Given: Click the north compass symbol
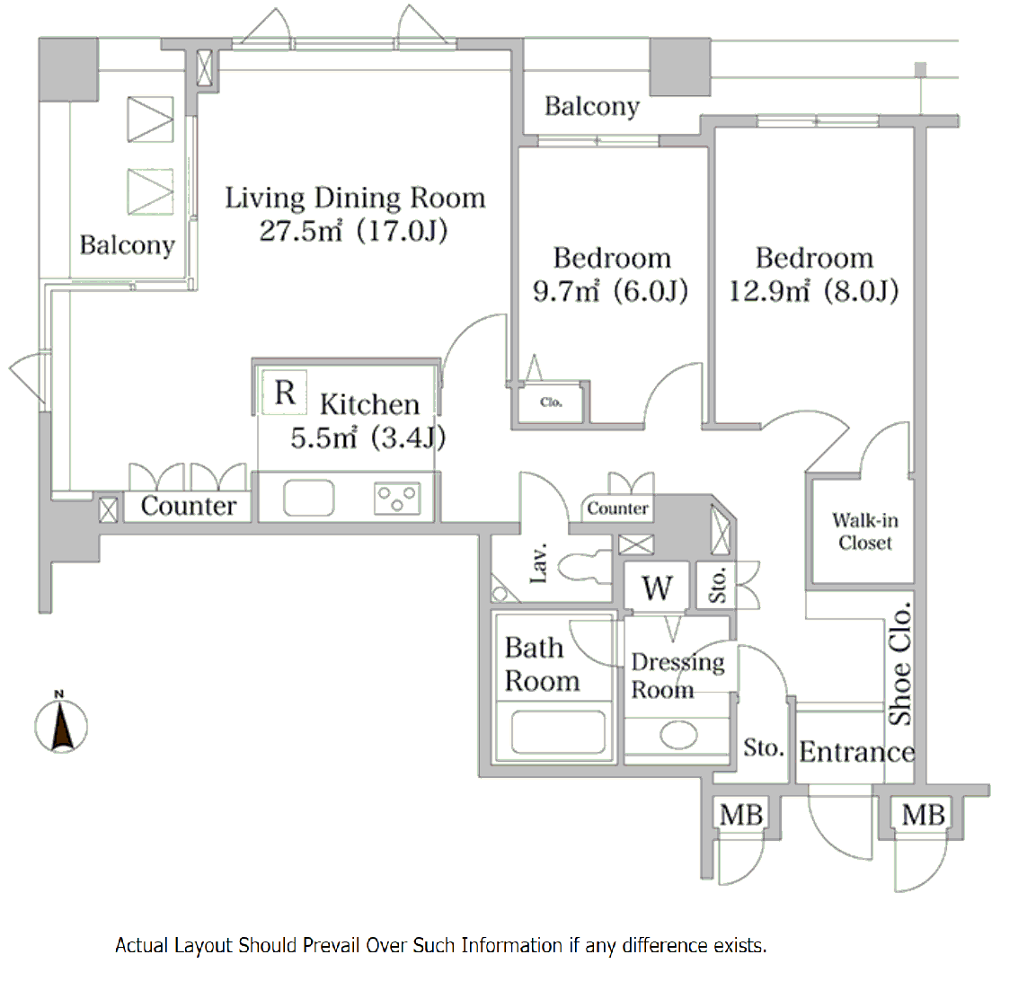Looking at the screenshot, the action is point(60,723).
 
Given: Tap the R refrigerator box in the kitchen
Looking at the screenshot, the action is point(284,393).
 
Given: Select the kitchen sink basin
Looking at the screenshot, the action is point(308,499).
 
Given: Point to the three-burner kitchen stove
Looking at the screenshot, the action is point(397,499).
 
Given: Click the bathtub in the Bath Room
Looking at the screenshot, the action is point(558,731).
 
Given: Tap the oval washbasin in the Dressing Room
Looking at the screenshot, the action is point(678,735).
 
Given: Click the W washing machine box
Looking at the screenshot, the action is point(657,587).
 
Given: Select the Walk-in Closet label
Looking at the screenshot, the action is point(864,531).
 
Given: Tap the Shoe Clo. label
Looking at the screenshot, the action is point(900,663).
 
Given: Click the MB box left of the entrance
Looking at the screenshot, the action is point(740,815).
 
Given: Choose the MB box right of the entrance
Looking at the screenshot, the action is point(923,815).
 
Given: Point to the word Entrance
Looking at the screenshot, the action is point(856,751).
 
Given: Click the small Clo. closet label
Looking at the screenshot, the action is point(551,402).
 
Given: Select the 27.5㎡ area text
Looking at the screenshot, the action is point(301,231).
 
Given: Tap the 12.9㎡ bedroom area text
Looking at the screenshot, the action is point(769,291).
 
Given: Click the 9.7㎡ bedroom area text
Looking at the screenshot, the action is point(566,291).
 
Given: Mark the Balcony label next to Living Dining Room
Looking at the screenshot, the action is point(127,245).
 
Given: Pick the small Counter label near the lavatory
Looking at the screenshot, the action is point(617,508).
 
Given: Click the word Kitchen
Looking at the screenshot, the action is point(369,404).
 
